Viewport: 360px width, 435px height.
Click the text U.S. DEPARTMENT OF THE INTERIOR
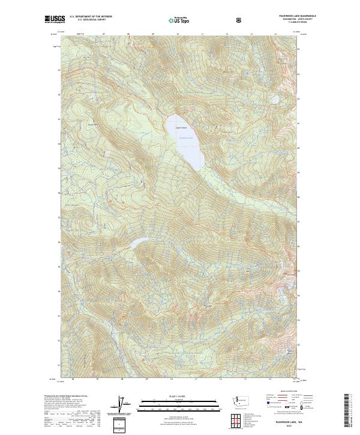click(x=91, y=15)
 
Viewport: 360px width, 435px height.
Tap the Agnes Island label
click(x=181, y=127)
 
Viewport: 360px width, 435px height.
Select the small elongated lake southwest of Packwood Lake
click(x=139, y=242)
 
